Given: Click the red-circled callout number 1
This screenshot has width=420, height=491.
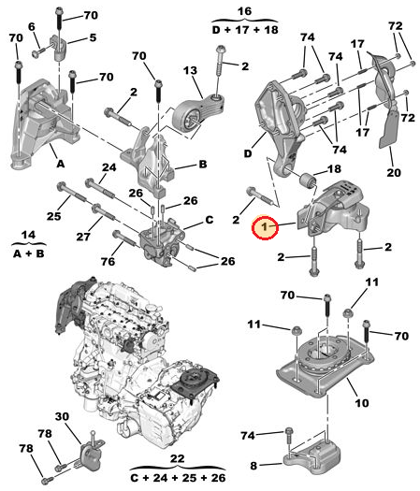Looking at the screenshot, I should tap(265, 226).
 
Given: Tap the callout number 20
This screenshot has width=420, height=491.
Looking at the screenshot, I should tap(393, 172).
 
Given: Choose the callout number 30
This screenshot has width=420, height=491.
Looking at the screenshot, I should tap(61, 417).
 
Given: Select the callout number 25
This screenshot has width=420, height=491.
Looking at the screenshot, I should tap(53, 216).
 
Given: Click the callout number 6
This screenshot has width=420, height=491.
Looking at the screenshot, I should tap(33, 28).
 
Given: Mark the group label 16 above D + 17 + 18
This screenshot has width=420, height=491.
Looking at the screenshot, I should tap(246, 10).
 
